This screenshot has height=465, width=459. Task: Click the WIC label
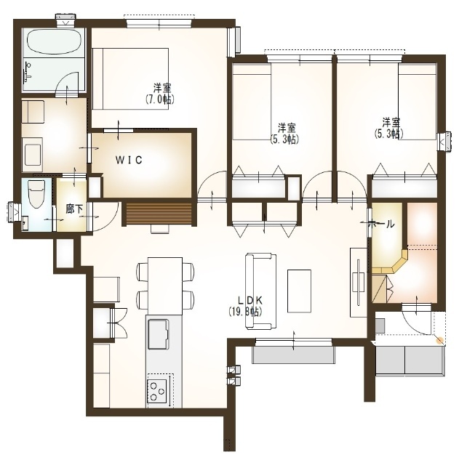[129, 160]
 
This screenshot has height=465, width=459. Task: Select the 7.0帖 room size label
[160, 100]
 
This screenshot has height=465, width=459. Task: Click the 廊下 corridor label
[74, 209]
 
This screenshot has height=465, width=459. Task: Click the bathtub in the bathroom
[54, 42]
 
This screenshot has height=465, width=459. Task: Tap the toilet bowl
[36, 194]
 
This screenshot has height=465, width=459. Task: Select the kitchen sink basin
[159, 334]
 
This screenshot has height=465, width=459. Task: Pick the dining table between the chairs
[165, 286]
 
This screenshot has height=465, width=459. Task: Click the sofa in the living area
[260, 291]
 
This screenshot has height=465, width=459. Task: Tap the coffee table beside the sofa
[299, 291]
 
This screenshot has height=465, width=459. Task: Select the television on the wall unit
[359, 282]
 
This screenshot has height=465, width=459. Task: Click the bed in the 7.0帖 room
[131, 78]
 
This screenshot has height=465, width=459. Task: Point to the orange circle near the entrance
[439, 340]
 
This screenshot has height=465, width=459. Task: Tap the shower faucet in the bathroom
[28, 72]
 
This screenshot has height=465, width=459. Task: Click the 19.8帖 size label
[246, 312]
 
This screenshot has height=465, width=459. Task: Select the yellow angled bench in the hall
[391, 263]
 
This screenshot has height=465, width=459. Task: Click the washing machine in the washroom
[33, 155]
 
